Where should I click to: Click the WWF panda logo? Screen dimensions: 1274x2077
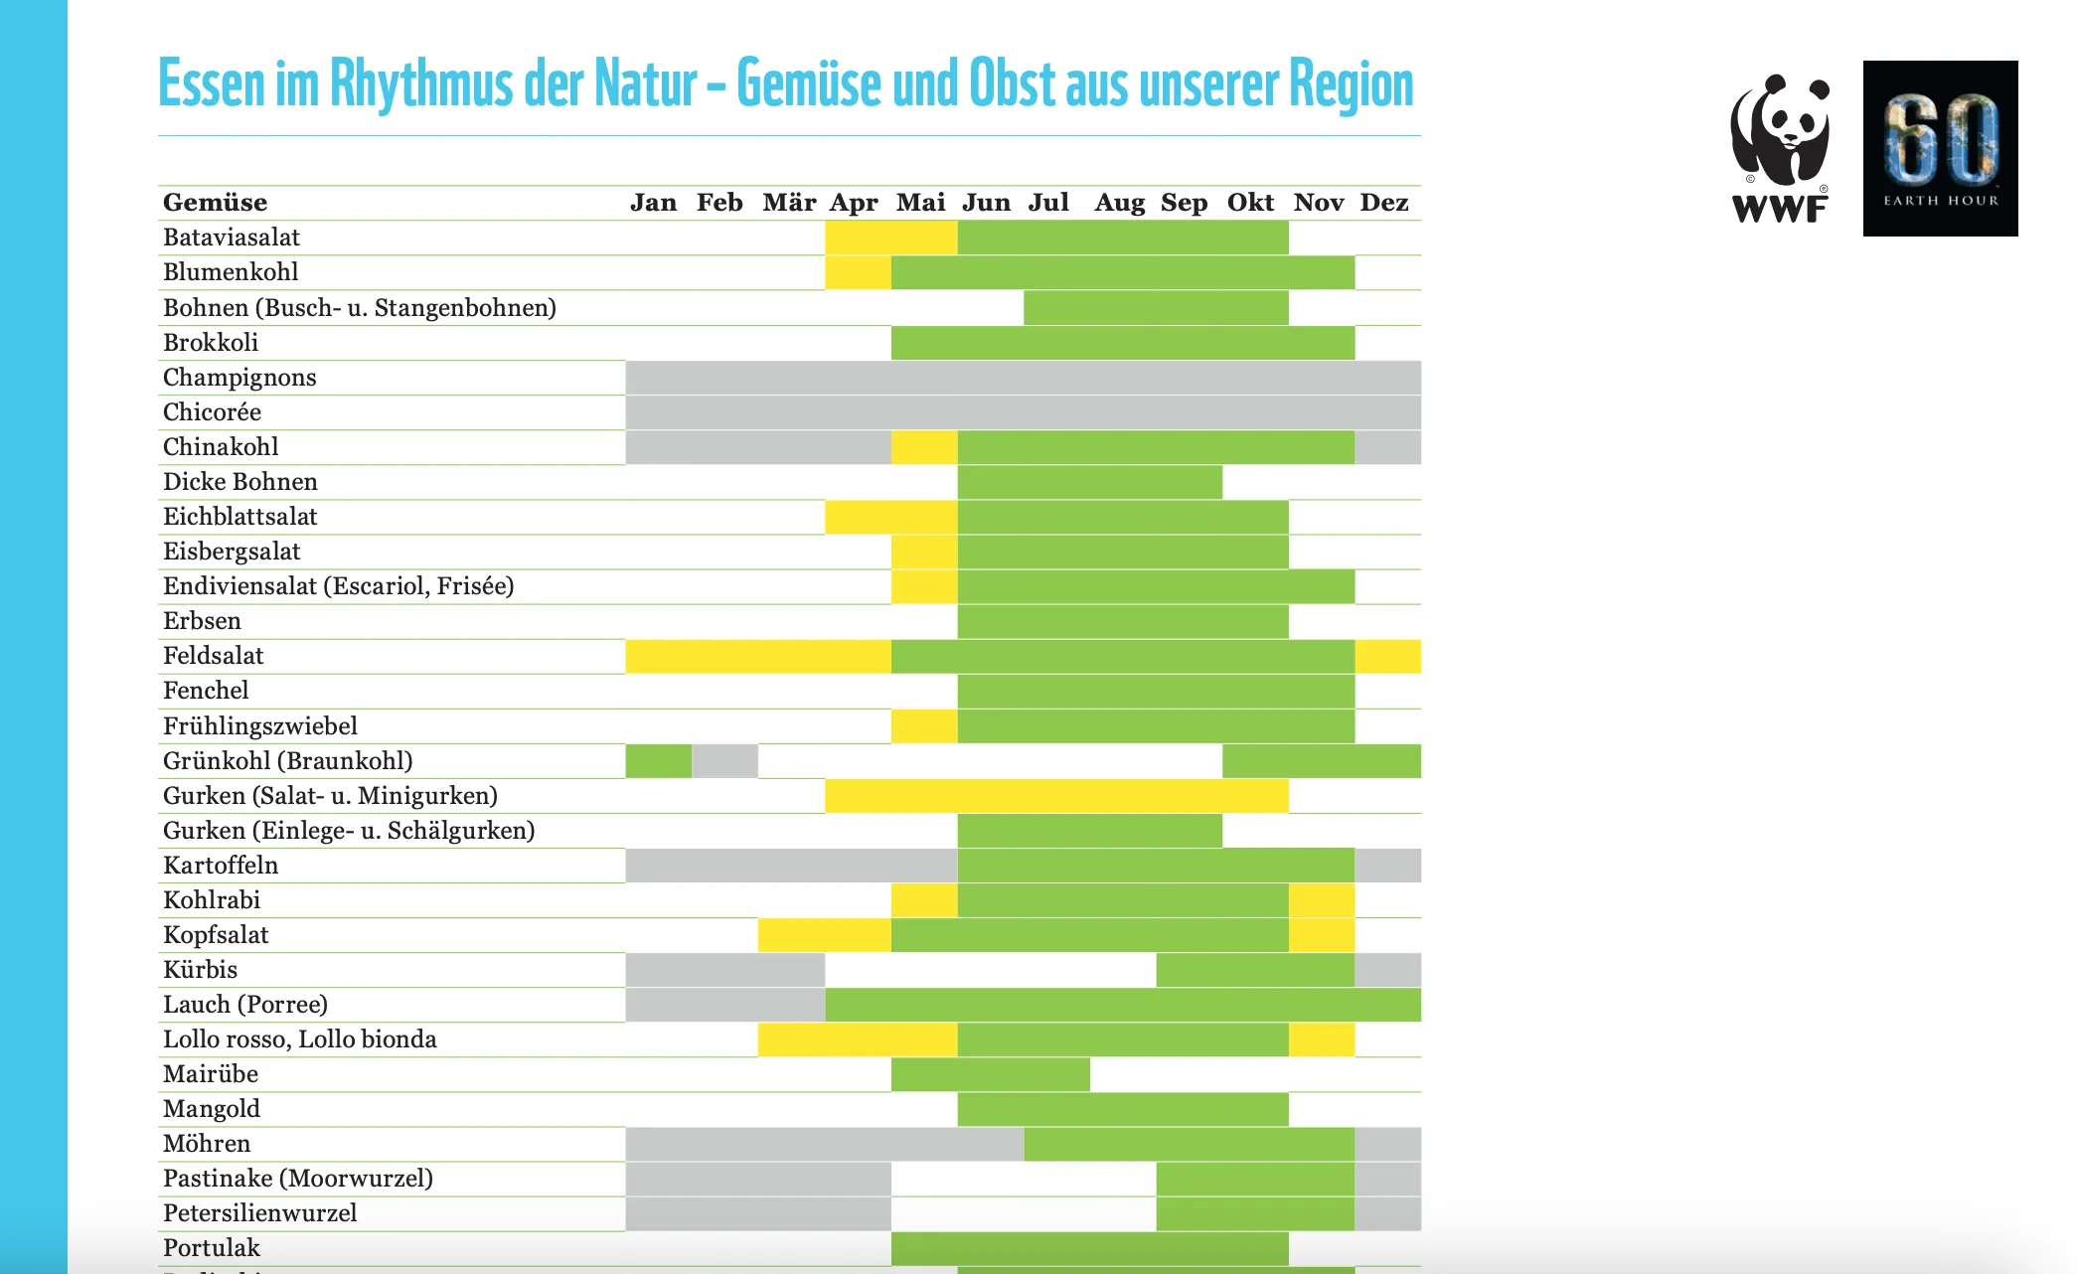[x=1780, y=148]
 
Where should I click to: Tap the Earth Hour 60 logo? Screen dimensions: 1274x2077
[x=1940, y=148]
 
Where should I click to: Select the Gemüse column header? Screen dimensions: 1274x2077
[x=216, y=203]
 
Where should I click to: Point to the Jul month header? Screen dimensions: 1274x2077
[x=1048, y=203]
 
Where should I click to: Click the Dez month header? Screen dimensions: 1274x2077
[x=1384, y=203]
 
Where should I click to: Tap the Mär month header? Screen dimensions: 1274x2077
[x=789, y=203]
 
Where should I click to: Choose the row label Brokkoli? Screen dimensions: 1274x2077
[x=211, y=343]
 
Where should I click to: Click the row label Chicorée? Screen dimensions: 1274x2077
[x=212, y=412]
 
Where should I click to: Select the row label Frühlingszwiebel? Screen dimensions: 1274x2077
[x=260, y=726]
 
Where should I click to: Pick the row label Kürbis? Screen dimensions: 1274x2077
[x=201, y=970]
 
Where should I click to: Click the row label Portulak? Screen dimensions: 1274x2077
[x=212, y=1248]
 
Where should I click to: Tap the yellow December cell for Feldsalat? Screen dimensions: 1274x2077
[x=1387, y=657]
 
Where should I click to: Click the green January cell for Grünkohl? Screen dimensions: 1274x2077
[x=659, y=761]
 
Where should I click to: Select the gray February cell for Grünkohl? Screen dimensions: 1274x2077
[x=724, y=761]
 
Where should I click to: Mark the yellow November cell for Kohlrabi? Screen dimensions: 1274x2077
[x=1322, y=900]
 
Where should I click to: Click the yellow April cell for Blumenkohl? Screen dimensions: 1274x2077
[x=858, y=272]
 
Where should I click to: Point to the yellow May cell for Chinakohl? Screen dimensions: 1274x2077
[x=924, y=447]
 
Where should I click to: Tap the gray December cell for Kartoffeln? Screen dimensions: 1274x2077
[x=1387, y=866]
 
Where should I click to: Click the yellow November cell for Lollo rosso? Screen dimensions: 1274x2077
[x=1322, y=1039]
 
